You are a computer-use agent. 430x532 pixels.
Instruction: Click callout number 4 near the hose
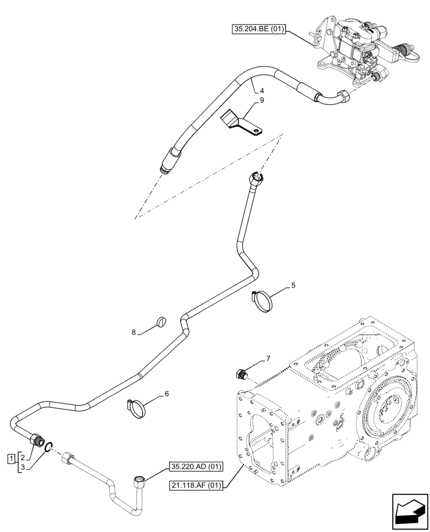[x=255, y=90]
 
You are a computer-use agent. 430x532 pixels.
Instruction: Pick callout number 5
[x=293, y=286]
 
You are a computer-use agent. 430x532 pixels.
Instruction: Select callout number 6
[x=167, y=394]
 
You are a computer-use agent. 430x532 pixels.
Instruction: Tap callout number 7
[x=268, y=359]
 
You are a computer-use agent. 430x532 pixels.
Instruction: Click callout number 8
[x=134, y=332]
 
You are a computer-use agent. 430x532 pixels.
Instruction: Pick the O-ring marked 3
[x=48, y=447]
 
